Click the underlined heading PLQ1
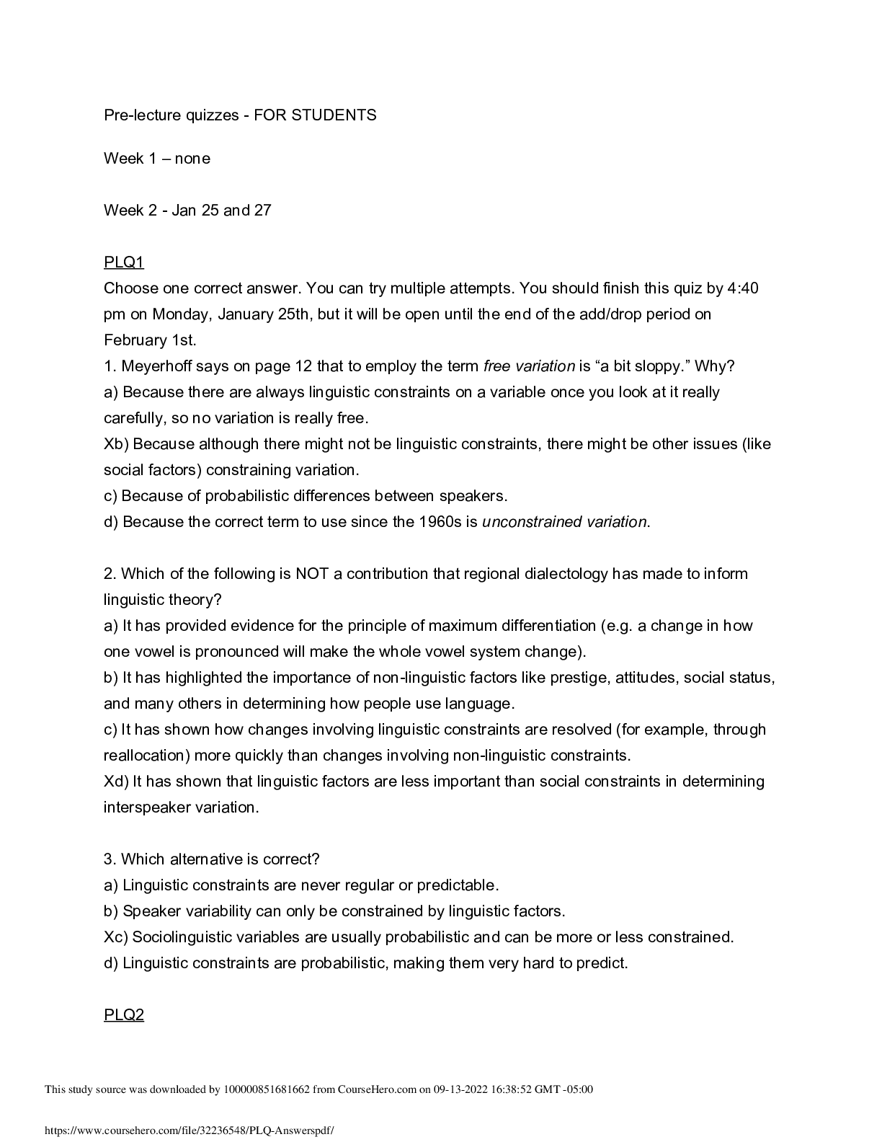click(x=124, y=262)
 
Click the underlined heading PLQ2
click(x=124, y=1015)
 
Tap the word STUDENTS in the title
click(x=334, y=115)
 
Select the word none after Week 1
click(x=192, y=159)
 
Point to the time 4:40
click(x=743, y=288)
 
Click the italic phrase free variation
click(x=529, y=366)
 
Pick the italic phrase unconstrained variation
click(x=564, y=522)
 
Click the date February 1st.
click(x=149, y=340)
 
